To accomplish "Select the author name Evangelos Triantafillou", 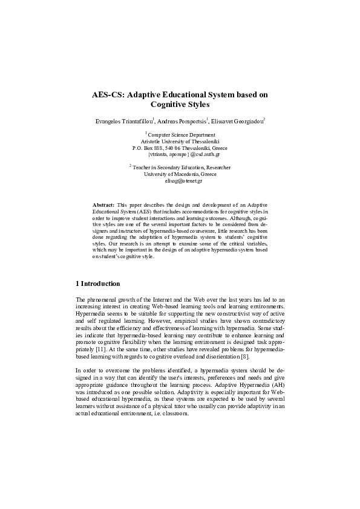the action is [x=124, y=122].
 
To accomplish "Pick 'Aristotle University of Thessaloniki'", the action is [x=180, y=141].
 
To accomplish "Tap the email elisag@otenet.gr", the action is [x=180, y=181].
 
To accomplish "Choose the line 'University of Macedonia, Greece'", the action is [x=180, y=174].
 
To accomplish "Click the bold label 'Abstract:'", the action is [x=102, y=206].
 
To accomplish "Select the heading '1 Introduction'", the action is [x=98, y=284].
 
